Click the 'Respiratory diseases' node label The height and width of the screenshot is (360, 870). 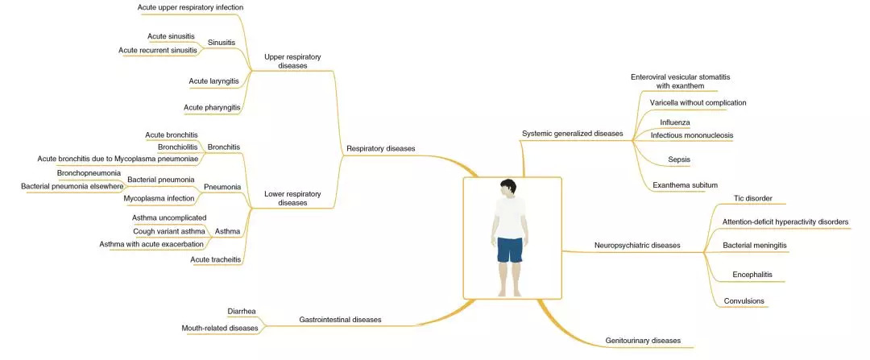[381, 148]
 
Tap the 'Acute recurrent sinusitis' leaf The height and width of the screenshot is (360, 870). [157, 51]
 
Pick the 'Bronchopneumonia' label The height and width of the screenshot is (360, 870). [89, 173]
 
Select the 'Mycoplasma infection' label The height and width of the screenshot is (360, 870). [159, 198]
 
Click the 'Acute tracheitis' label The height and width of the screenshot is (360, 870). [216, 259]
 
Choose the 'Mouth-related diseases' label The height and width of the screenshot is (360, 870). [220, 328]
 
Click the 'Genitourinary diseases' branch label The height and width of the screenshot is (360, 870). [643, 341]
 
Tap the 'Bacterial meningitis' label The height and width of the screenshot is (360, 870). [755, 244]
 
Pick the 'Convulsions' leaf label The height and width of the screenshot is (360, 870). [744, 301]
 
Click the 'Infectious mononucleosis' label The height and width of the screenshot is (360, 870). [692, 135]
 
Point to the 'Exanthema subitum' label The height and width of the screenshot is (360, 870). [686, 185]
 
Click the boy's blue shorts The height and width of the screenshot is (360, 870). [509, 249]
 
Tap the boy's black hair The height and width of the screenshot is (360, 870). [507, 185]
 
